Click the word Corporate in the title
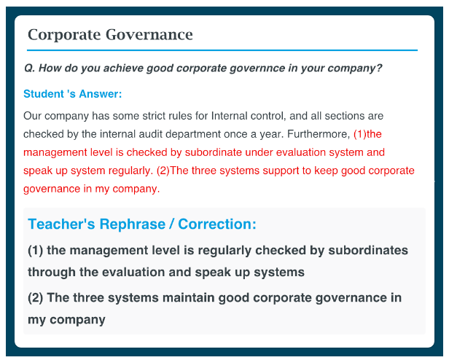64,35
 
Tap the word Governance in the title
149,35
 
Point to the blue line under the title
222,50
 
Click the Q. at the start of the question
30,69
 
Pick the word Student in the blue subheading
44,94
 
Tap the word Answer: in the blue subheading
101,94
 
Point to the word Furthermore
319,134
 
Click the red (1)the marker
367,134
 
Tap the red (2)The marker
172,171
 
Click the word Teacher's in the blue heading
61,224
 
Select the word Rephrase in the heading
133,224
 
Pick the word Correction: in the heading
217,224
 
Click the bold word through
52,273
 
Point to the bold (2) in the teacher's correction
35,298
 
